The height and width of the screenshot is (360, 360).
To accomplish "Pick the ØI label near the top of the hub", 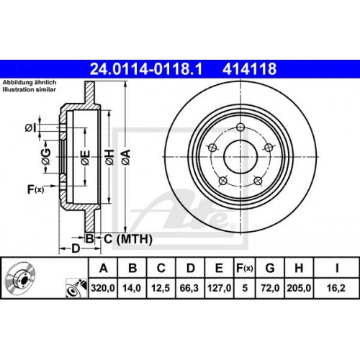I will (x=30, y=127).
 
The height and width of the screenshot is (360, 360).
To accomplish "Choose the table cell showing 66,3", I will (x=190, y=289).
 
